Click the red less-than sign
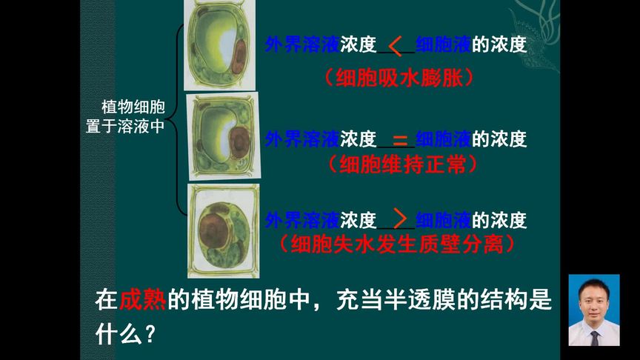point(396,46)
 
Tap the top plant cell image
point(219,44)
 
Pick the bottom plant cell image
point(223,230)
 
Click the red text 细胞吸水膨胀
point(399,77)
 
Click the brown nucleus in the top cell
point(239,58)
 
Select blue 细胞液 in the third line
point(443,220)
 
